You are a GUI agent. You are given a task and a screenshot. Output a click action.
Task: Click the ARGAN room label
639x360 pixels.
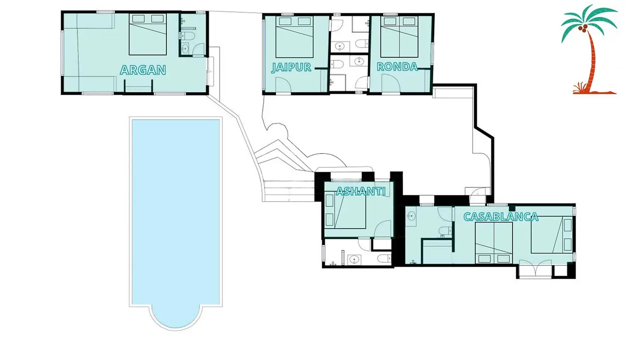(143, 70)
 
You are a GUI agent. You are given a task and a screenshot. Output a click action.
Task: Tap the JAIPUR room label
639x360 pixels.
(291, 67)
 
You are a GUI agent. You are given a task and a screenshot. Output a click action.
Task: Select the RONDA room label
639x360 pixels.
(398, 67)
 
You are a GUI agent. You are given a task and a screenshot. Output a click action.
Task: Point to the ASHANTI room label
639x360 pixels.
(361, 191)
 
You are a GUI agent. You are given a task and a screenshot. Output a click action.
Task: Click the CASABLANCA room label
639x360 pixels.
(501, 217)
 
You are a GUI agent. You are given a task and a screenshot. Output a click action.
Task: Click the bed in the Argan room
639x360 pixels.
(147, 34)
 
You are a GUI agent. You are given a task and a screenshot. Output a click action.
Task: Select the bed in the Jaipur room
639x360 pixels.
(294, 37)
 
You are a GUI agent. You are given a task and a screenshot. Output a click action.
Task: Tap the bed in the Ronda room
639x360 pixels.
(399, 37)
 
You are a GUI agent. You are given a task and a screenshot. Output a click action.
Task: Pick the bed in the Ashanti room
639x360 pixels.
(346, 210)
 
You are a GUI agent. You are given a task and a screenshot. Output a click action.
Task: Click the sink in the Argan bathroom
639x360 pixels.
(185, 49)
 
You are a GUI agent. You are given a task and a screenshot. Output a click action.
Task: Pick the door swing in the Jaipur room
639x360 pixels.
(283, 85)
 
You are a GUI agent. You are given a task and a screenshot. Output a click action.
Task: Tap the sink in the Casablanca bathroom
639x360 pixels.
(411, 216)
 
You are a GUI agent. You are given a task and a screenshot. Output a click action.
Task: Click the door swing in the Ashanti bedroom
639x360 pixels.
(383, 228)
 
